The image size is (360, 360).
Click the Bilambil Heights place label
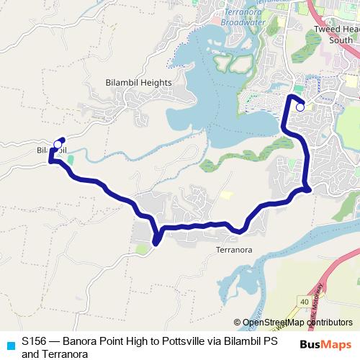(x=138, y=82)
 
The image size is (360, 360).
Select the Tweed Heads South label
(x=336, y=35)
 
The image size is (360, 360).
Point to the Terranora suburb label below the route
(x=234, y=251)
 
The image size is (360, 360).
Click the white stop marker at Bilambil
(x=58, y=144)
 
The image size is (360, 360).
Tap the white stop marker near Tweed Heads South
(x=300, y=107)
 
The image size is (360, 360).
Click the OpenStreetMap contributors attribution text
(x=297, y=323)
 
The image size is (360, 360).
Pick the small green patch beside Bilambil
(x=70, y=158)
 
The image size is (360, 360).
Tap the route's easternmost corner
(x=309, y=189)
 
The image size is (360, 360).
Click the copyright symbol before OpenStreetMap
(x=238, y=323)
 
